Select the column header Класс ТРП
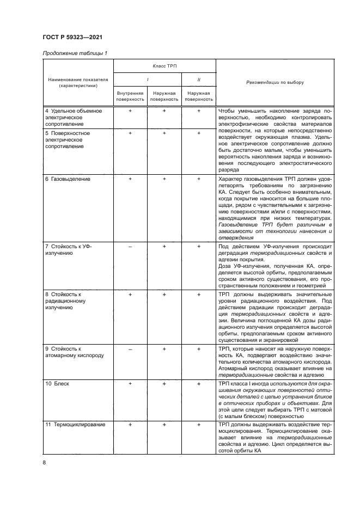pos(164,65)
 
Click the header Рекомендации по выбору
pos(275,83)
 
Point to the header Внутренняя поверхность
pos(130,96)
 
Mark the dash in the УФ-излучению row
pos(130,247)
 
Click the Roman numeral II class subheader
pos(198,79)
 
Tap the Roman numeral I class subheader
pos(148,79)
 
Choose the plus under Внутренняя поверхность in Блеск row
pos(130,384)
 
